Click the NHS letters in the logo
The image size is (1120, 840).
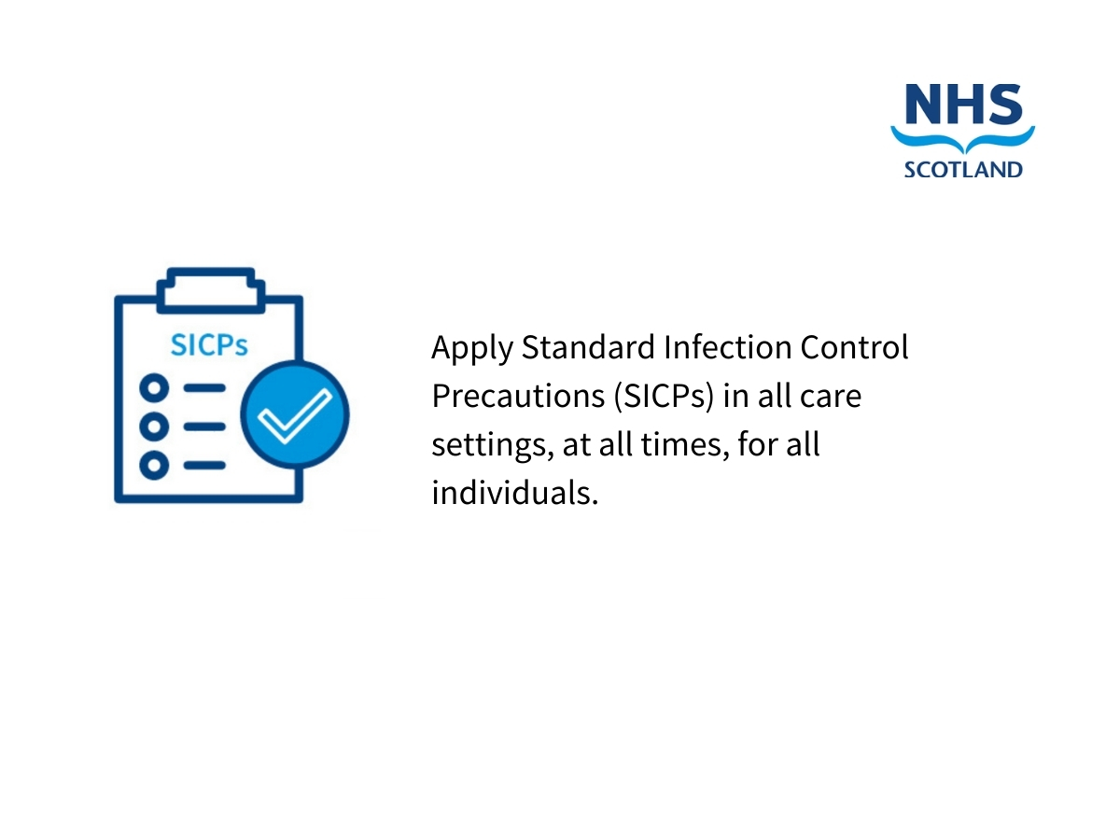[963, 104]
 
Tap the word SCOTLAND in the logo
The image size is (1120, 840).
[963, 169]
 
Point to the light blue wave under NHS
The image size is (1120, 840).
[962, 140]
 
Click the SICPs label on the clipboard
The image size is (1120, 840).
[209, 345]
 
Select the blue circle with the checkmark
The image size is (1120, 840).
[295, 413]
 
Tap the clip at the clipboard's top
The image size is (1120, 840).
[210, 290]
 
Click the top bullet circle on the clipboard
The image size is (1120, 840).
[154, 388]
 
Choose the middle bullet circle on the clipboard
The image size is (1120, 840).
[154, 427]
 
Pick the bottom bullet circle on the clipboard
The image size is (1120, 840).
[154, 465]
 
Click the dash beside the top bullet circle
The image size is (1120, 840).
[204, 388]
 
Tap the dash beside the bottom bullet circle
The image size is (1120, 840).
[204, 465]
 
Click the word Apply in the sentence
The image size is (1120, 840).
[471, 349]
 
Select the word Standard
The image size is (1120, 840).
[588, 347]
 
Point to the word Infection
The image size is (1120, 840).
[727, 347]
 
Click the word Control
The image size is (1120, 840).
[854, 347]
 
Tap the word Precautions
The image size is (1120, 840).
[518, 396]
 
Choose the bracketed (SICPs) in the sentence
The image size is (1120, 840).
[664, 397]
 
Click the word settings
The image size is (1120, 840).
[493, 446]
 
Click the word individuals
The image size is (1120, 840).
[515, 493]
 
